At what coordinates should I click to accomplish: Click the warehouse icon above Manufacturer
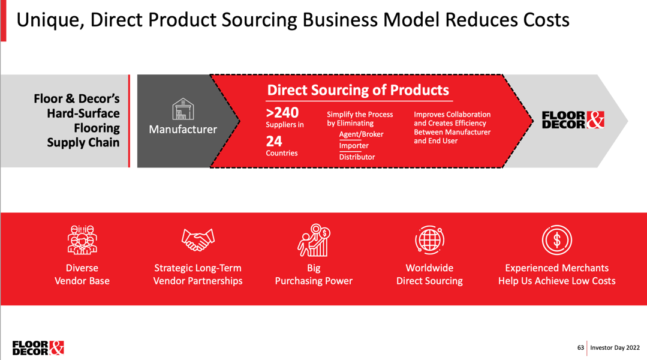(183, 110)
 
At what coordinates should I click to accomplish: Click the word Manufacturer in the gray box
(183, 129)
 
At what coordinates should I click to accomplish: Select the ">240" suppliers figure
(282, 112)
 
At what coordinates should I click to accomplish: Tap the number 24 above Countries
(274, 142)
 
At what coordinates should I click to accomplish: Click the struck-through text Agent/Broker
(361, 134)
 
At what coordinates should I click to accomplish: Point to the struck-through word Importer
(354, 146)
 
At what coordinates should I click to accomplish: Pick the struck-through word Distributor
(357, 157)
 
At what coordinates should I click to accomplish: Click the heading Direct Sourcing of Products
(358, 90)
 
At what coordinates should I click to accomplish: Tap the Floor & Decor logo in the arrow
(573, 120)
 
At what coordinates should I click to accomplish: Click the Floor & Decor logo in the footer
(38, 348)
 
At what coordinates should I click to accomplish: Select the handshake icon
(198, 239)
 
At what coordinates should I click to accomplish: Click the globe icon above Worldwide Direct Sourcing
(429, 239)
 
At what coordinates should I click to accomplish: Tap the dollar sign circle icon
(556, 240)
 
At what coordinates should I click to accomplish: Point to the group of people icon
(82, 239)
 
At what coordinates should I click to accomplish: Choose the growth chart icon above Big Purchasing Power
(314, 239)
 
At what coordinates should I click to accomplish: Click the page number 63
(580, 347)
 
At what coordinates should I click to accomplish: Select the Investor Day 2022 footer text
(615, 347)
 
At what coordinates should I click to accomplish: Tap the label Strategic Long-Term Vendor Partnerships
(198, 274)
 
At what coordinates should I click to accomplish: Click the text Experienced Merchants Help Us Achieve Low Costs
(556, 274)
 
